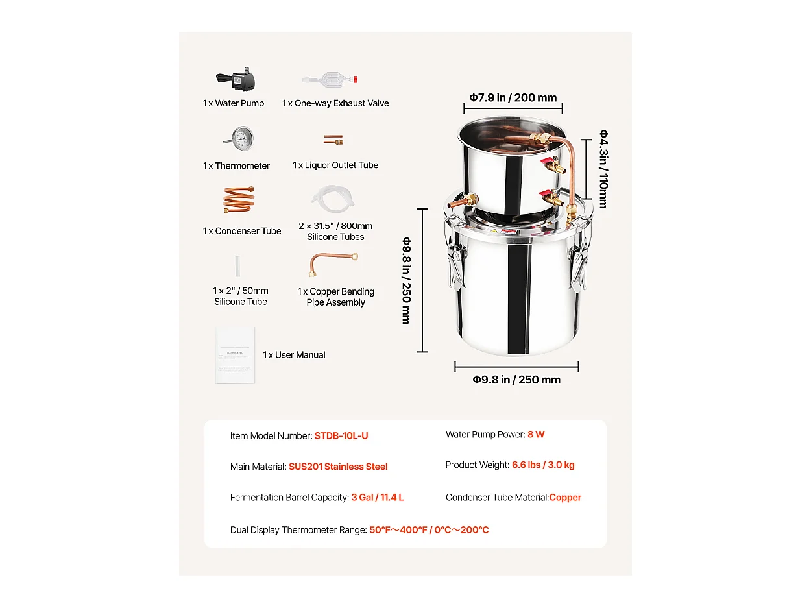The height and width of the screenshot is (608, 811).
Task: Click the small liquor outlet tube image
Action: click(333, 140)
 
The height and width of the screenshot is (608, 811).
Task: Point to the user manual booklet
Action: click(235, 355)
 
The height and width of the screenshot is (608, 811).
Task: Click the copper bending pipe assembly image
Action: click(333, 264)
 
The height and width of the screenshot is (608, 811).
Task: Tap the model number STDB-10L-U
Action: click(341, 436)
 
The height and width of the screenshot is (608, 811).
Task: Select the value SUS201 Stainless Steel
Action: click(338, 467)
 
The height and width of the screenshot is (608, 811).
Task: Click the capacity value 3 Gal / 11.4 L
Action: click(378, 498)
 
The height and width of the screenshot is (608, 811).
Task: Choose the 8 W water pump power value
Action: click(536, 435)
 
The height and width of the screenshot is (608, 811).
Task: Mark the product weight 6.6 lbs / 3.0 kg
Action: click(543, 465)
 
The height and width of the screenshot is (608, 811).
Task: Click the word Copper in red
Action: click(565, 498)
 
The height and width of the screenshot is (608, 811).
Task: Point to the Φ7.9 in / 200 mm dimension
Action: click(513, 98)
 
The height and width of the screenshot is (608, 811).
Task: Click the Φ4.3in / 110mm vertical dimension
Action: click(603, 169)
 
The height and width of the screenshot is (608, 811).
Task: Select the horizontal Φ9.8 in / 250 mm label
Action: click(516, 380)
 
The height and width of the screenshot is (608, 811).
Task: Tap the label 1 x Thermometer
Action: click(236, 166)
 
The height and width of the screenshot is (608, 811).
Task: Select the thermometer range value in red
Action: click(429, 530)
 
